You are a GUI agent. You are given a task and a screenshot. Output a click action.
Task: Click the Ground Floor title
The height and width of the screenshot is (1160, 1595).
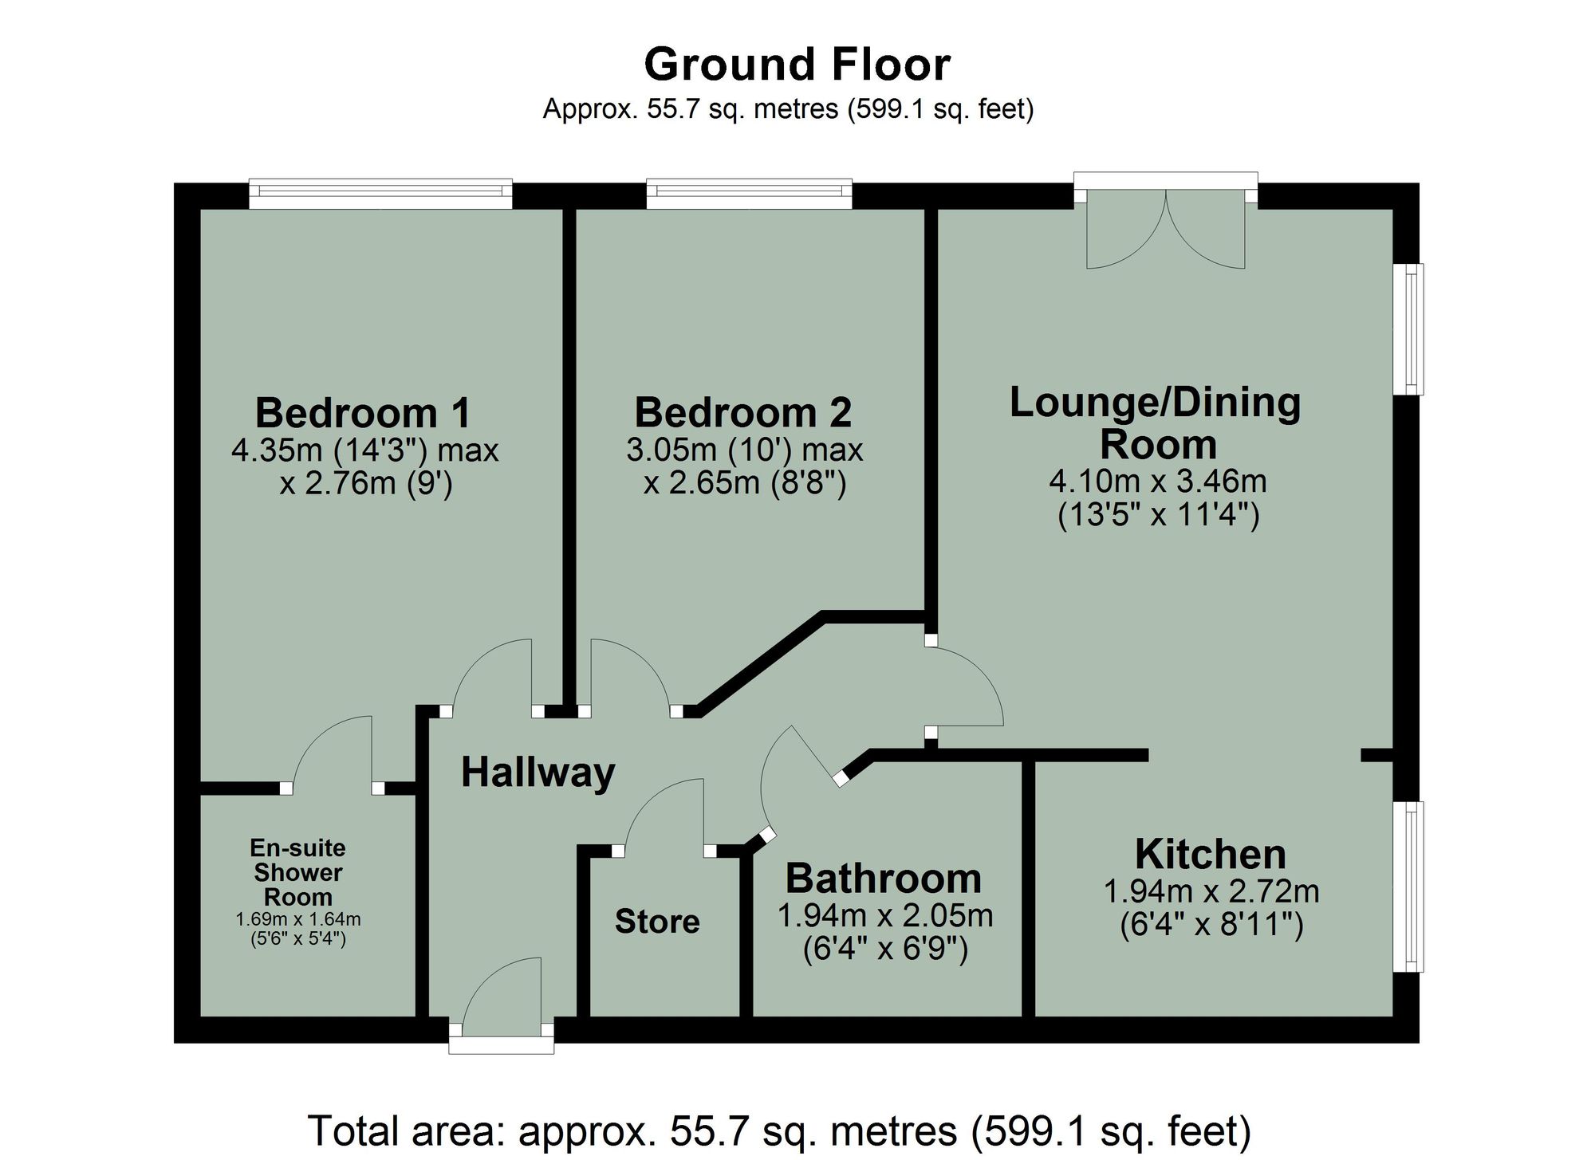click(x=797, y=65)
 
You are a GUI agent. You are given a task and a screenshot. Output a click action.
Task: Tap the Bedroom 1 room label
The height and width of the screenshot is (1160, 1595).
click(x=363, y=413)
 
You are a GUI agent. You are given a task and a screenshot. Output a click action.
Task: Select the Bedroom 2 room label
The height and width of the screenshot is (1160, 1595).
click(x=742, y=413)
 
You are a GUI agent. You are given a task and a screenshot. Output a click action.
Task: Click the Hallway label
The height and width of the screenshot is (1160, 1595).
click(x=538, y=773)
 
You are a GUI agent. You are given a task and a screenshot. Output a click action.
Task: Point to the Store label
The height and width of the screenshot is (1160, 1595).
click(x=657, y=922)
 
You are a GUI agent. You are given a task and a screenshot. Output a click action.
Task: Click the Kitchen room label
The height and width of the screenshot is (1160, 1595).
click(x=1210, y=855)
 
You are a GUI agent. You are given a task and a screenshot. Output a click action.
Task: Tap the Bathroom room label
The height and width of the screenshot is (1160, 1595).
click(x=884, y=879)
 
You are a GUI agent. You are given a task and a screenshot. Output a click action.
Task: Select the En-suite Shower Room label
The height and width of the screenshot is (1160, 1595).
click(x=297, y=872)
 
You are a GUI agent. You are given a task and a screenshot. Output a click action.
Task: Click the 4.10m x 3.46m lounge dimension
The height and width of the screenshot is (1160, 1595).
click(x=1157, y=481)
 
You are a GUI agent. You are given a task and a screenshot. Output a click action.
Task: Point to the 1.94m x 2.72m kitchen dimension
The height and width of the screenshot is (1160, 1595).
click(x=1211, y=891)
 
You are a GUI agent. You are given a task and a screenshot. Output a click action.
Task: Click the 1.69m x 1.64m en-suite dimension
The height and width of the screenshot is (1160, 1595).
click(x=297, y=919)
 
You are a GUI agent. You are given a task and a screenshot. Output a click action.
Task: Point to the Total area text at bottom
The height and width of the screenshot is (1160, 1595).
click(x=778, y=1131)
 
